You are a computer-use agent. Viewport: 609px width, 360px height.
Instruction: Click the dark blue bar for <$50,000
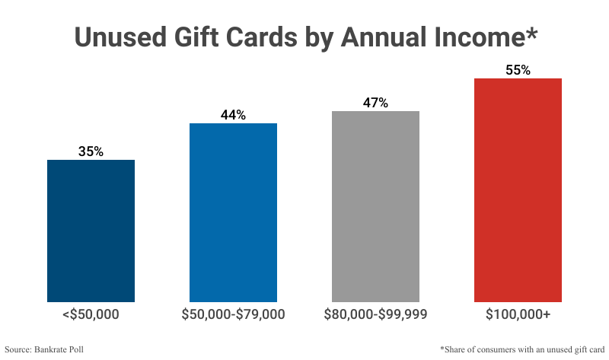(x=91, y=231)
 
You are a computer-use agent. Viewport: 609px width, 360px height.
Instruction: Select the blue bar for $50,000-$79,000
(x=233, y=212)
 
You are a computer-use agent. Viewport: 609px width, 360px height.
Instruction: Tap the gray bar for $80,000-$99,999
(x=375, y=206)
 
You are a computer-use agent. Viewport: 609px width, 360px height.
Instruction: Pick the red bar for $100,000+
(x=518, y=190)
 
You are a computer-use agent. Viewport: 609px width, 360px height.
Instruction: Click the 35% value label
(x=91, y=151)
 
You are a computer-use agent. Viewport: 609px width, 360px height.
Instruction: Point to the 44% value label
(x=233, y=115)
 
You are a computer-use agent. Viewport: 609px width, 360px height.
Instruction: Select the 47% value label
(x=375, y=103)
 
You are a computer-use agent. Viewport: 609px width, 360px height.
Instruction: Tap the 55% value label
(x=518, y=70)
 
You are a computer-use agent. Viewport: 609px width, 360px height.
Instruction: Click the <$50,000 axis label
(x=91, y=314)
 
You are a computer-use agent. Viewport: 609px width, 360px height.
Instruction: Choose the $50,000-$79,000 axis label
(x=233, y=314)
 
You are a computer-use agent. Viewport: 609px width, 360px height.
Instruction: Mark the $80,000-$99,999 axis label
(x=375, y=314)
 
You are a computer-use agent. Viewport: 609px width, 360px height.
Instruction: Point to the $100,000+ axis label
(x=518, y=314)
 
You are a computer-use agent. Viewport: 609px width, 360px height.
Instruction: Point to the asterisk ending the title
(x=531, y=32)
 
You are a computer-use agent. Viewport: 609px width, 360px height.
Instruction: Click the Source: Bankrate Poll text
(x=47, y=349)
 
